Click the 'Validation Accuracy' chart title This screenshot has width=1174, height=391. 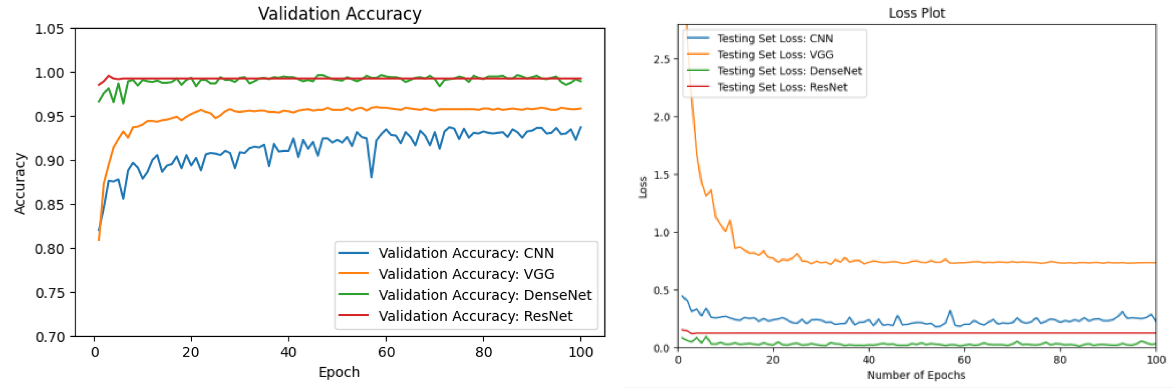click(340, 13)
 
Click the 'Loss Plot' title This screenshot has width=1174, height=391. click(916, 13)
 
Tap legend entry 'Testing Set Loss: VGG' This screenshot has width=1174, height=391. click(775, 55)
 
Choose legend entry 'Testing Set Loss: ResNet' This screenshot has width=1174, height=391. click(782, 87)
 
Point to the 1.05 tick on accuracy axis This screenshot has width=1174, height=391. click(49, 29)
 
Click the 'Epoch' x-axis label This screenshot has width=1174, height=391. click(339, 372)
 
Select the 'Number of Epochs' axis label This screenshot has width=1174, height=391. click(916, 375)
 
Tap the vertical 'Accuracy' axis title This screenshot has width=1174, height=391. click(20, 183)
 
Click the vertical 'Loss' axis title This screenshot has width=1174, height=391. click(643, 187)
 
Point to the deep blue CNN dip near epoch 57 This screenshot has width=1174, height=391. click(371, 177)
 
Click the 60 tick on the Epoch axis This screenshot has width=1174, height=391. click(386, 352)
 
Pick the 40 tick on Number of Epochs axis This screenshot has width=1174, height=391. click(869, 360)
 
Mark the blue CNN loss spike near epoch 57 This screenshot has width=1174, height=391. click(950, 312)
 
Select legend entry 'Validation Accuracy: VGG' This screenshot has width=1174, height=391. click(466, 274)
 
